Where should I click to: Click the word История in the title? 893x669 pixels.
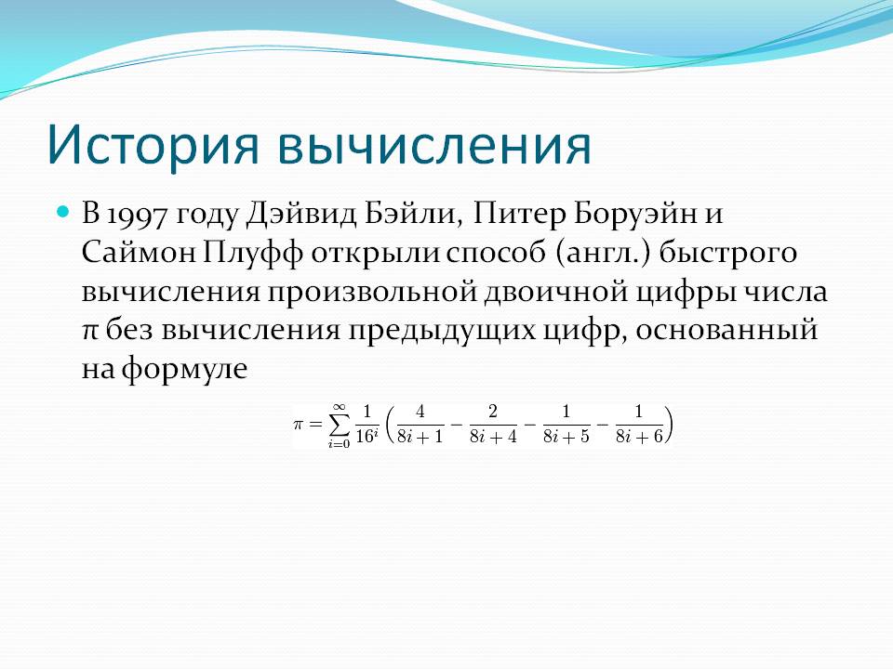[153, 145]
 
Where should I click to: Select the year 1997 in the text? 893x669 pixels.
[138, 215]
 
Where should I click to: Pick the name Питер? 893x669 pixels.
[519, 215]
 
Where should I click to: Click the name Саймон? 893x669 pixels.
[139, 253]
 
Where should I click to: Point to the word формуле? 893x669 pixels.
[184, 370]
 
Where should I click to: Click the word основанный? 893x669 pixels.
[726, 331]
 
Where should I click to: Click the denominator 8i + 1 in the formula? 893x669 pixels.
[420, 437]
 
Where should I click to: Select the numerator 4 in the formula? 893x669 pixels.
[420, 412]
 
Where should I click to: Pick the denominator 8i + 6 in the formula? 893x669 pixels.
[640, 437]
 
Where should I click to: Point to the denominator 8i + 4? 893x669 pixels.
[493, 437]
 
